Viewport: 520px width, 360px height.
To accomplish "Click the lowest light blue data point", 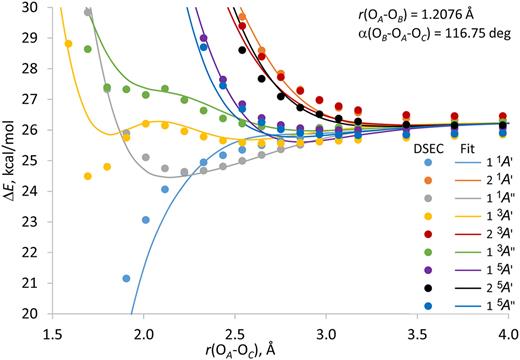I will tap(126, 278).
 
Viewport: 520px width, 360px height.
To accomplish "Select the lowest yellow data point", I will tap(88, 176).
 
